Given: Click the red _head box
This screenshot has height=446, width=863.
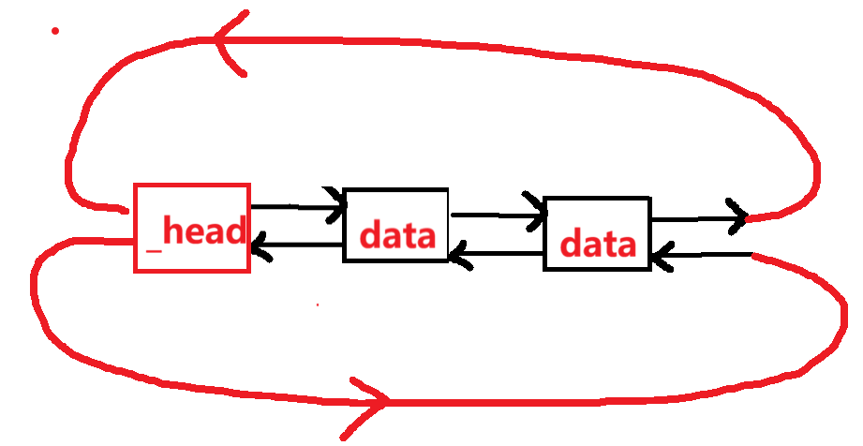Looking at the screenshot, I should [192, 228].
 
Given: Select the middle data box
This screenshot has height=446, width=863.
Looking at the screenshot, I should [395, 225].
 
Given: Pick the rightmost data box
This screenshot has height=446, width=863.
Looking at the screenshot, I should [597, 233].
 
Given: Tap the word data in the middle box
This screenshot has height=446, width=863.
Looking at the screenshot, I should [398, 235].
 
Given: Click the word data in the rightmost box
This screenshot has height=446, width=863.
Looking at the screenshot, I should [598, 245].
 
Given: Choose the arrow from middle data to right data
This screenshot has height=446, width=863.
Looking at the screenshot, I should [497, 215].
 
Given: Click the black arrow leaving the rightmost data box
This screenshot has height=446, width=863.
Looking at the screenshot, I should [698, 219].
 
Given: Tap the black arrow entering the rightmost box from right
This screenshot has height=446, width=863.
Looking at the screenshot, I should [703, 254].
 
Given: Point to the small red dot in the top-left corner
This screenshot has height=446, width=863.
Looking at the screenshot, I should [55, 31].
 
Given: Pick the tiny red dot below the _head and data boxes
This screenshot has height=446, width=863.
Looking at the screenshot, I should [318, 305].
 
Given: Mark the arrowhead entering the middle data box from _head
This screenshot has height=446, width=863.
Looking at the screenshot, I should [335, 206].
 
